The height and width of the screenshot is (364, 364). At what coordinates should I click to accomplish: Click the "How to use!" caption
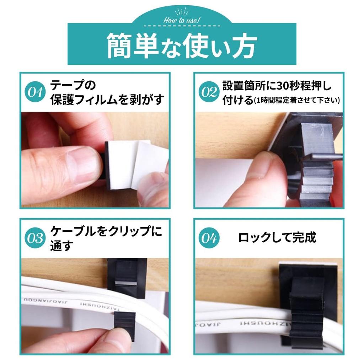pos(182,20)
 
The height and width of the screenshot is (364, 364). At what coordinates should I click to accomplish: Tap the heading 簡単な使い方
pos(182,46)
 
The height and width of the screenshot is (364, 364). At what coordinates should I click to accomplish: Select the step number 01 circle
pos(36,92)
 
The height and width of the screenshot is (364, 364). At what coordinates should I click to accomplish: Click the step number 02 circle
pos(209,92)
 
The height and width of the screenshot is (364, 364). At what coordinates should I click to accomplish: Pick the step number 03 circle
pos(36,238)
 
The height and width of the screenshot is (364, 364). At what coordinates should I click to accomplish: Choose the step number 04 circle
pos(209,238)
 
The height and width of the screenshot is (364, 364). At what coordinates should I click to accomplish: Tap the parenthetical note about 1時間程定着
pos(297,100)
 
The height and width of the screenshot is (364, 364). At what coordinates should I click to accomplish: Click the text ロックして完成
pos(277,237)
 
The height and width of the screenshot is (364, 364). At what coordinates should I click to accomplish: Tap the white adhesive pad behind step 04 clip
pos(306,264)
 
